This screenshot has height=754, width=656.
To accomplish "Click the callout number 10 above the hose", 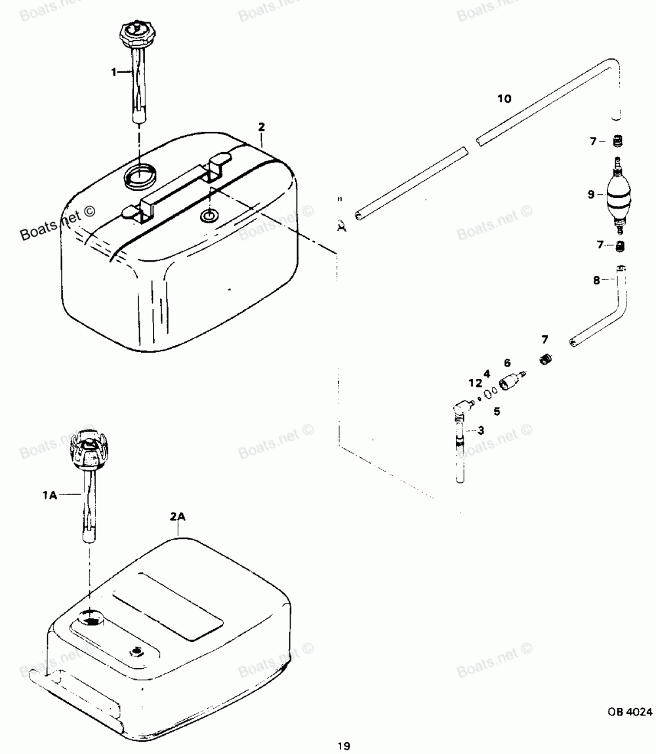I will pyautogui.click(x=504, y=99).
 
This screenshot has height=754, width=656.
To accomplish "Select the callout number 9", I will pyautogui.click(x=592, y=194).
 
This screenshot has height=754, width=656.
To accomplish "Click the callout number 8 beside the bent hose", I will pyautogui.click(x=596, y=280).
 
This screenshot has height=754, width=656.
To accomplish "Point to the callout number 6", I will pyautogui.click(x=506, y=363).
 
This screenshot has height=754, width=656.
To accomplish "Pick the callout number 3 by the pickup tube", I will pyautogui.click(x=481, y=430).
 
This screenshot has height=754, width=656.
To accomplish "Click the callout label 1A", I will pyautogui.click(x=50, y=496).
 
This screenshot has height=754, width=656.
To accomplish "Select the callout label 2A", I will pyautogui.click(x=178, y=517).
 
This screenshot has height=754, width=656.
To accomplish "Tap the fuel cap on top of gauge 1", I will pyautogui.click(x=135, y=33).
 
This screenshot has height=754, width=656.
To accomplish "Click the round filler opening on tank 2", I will pyautogui.click(x=141, y=175).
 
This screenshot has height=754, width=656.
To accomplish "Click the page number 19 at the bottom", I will pyautogui.click(x=343, y=745).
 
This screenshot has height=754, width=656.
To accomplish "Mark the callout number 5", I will pyautogui.click(x=497, y=412).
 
